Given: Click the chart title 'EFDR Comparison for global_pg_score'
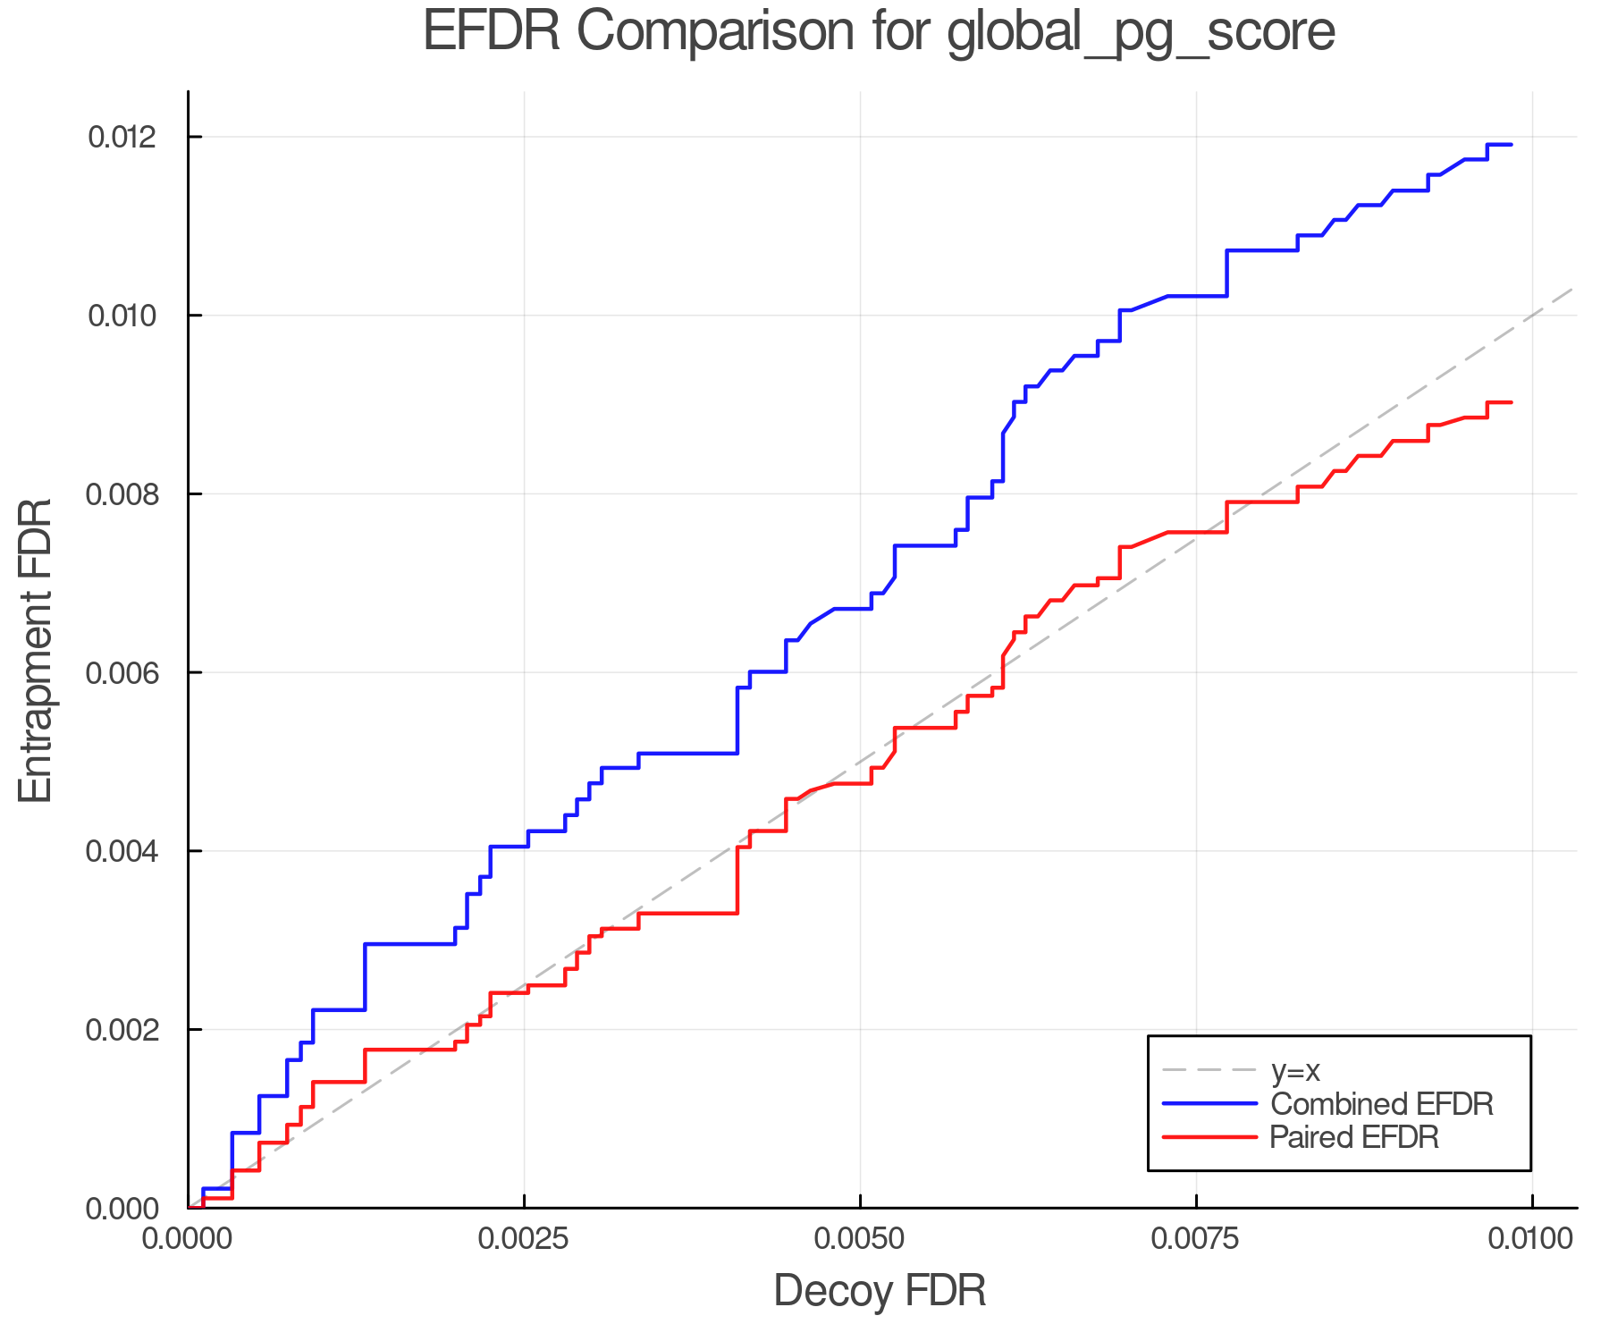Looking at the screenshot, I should pos(879,32).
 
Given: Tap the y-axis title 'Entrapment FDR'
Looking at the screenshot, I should pos(36,650).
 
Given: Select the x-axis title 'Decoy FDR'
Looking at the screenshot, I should pos(880,1291).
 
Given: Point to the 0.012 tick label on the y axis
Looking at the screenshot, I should pos(122,137).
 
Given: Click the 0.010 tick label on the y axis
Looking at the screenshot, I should pos(122,316).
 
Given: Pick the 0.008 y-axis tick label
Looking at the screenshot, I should pos(122,493).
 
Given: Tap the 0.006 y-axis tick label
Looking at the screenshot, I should pos(122,672).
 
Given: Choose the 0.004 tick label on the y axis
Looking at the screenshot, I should pos(122,851).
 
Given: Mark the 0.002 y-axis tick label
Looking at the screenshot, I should pos(122,1030).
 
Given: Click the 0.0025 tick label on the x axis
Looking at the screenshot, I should pos(524,1238).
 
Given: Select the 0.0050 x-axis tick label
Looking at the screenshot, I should pos(860,1238).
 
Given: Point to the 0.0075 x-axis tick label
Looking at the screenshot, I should pos(1196,1238).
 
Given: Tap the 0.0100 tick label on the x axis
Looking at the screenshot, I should pos(1532,1238).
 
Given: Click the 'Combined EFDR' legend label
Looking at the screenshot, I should pos(1381,1104).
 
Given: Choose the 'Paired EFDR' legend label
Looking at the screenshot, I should pos(1354,1137).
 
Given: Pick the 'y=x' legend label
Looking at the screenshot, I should pos(1295,1070).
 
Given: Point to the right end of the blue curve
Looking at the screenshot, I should pos(1511,144).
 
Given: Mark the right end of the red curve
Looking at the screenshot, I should pos(1511,402).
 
